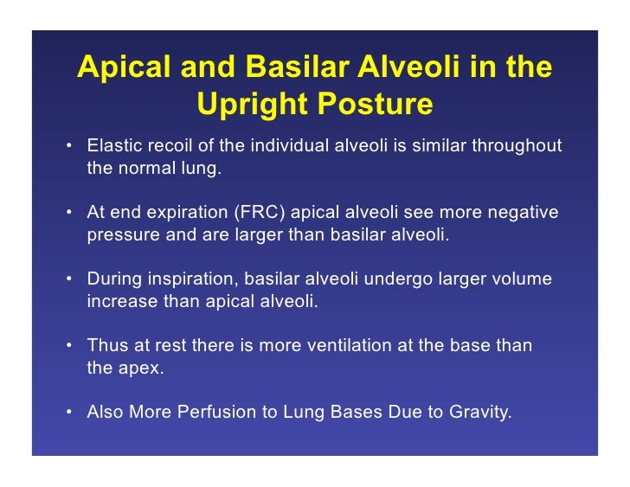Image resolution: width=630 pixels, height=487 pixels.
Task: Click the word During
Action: (x=114, y=279)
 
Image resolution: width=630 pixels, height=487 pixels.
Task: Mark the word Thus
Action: (x=106, y=346)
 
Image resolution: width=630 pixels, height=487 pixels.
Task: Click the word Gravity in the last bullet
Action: (x=479, y=413)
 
